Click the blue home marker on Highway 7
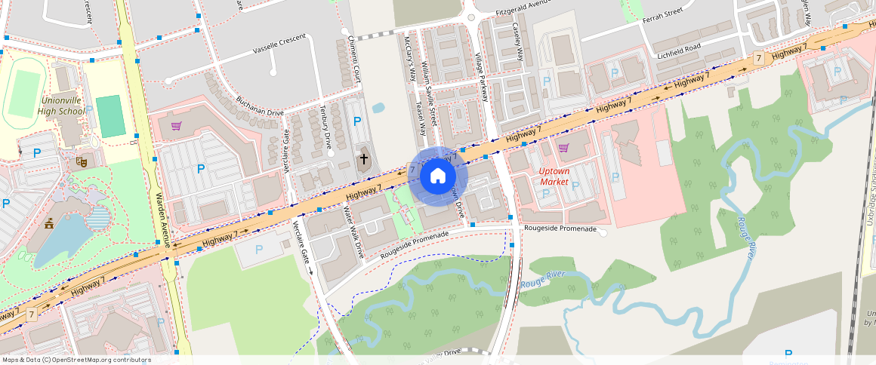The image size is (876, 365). [x=438, y=176]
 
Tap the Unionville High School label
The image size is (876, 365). [x=62, y=106]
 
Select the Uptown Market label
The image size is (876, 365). [x=554, y=176]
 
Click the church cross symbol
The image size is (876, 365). [x=364, y=159]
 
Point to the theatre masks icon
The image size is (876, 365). [x=81, y=161]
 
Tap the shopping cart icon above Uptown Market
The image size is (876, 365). [x=563, y=148]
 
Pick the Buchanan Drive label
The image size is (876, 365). [x=259, y=106]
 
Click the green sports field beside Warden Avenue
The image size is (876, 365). [x=111, y=116]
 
